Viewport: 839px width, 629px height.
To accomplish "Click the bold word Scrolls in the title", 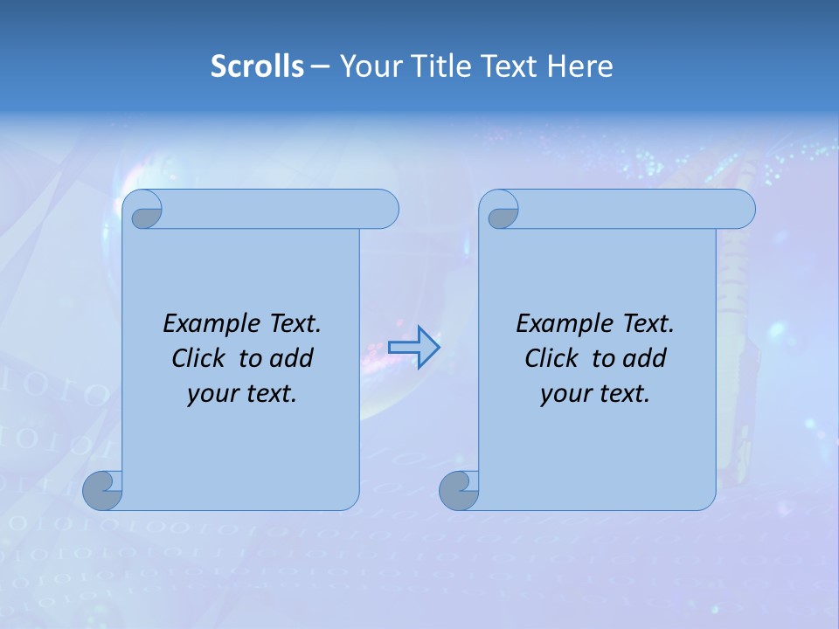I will tap(257, 66).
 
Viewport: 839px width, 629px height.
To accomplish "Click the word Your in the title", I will tap(368, 66).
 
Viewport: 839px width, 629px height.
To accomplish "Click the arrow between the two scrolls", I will tap(413, 348).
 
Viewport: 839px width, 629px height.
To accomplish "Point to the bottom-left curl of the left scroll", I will tap(102, 490).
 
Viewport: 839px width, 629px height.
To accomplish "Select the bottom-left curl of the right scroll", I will tap(459, 490).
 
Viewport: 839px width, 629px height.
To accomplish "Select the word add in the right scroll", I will tap(645, 358).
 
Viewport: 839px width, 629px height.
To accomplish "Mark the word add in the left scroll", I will tap(292, 358).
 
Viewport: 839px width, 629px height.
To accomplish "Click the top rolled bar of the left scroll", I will tap(280, 209).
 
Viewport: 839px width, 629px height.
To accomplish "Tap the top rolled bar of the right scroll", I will tap(636, 209).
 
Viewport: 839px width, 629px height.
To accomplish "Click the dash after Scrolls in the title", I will tap(320, 66).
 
